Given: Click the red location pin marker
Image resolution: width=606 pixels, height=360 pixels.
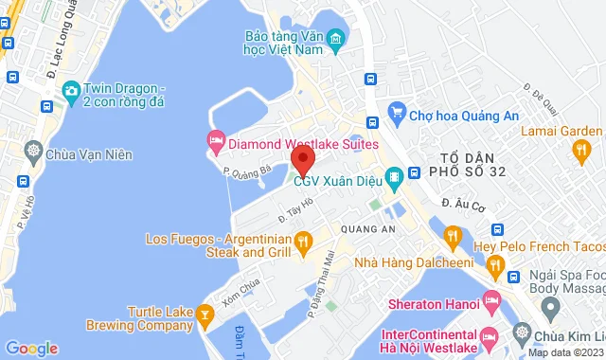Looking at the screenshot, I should tap(301, 158).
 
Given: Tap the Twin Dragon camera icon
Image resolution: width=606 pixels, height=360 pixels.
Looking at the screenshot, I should tap(70, 90).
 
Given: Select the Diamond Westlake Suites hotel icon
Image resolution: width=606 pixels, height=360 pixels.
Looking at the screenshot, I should tap(216, 143).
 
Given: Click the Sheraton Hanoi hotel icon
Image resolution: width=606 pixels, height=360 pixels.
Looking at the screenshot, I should tap(490, 303).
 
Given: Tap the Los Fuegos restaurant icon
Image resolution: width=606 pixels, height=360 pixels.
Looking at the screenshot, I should tap(303, 245).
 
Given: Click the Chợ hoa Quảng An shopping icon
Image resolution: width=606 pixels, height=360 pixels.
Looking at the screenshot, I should tap(399, 116).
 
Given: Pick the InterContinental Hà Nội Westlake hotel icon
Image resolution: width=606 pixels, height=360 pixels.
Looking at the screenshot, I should tap(490, 337).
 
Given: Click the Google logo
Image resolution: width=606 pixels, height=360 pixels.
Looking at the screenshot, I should tap(30, 348).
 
